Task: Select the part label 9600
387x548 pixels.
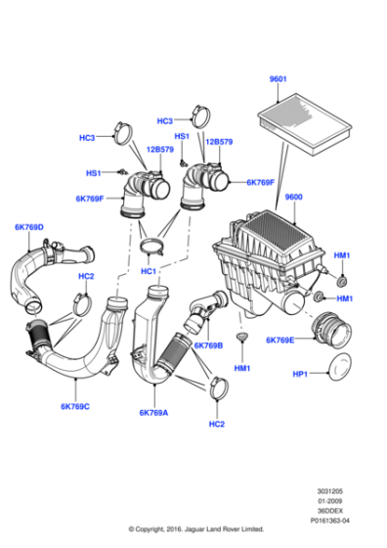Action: point(294,197)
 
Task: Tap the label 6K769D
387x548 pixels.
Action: point(29,228)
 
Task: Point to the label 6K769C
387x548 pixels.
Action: point(74,406)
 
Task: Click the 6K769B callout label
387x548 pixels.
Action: point(208,345)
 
